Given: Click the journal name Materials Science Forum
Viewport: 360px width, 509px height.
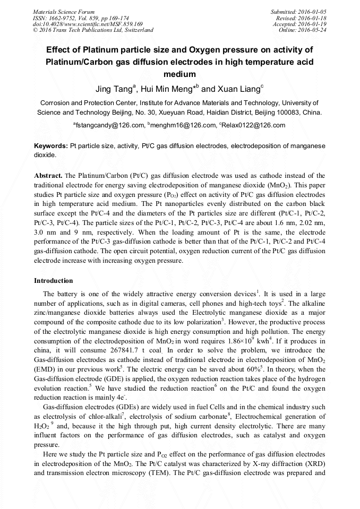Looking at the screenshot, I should coord(64,12).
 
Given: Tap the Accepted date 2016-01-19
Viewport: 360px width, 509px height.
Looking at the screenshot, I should coord(313,24).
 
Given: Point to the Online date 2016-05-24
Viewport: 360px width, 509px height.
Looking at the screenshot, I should coord(313,30).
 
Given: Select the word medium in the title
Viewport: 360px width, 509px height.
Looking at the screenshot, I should coord(179,74).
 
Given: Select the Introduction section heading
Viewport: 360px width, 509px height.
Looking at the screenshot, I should coord(54,281).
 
